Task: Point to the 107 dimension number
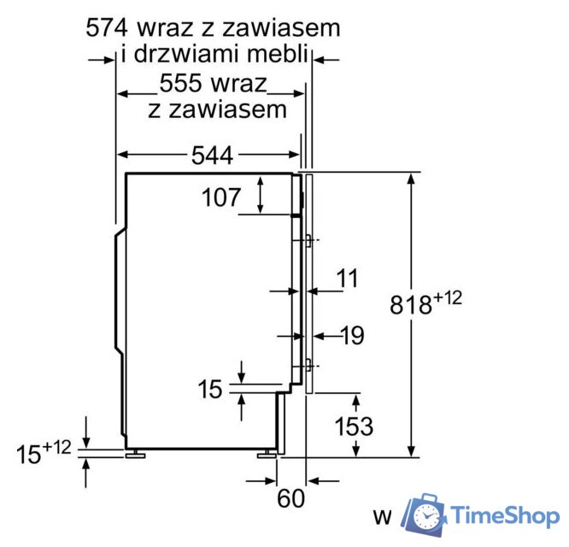click(x=222, y=197)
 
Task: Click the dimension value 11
click(x=347, y=279)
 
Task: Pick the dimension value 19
click(x=350, y=335)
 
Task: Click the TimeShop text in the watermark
click(x=505, y=515)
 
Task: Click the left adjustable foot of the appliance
click(x=134, y=454)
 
